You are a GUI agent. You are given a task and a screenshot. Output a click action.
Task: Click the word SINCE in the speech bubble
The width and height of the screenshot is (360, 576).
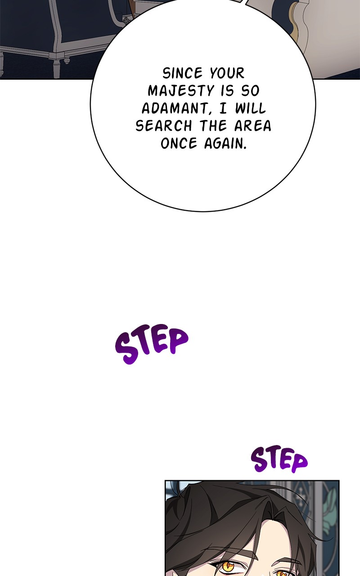(x=183, y=73)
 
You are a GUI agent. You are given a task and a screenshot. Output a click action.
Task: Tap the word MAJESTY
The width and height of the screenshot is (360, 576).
(x=181, y=91)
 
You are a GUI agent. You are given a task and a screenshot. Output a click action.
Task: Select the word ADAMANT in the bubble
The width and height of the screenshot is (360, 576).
(x=174, y=108)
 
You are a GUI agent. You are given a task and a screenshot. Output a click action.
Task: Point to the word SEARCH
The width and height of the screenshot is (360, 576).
(x=164, y=126)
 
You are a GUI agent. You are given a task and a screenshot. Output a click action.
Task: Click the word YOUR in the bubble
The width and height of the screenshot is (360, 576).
(x=227, y=73)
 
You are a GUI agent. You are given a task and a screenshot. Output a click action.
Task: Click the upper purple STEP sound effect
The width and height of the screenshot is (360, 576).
(x=152, y=344)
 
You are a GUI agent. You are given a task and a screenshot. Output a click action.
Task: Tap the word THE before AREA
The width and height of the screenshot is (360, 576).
(x=213, y=126)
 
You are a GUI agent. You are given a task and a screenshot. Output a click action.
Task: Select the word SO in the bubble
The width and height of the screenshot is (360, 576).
(x=250, y=91)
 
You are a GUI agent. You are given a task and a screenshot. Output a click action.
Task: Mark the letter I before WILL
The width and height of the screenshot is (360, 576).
(x=223, y=108)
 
